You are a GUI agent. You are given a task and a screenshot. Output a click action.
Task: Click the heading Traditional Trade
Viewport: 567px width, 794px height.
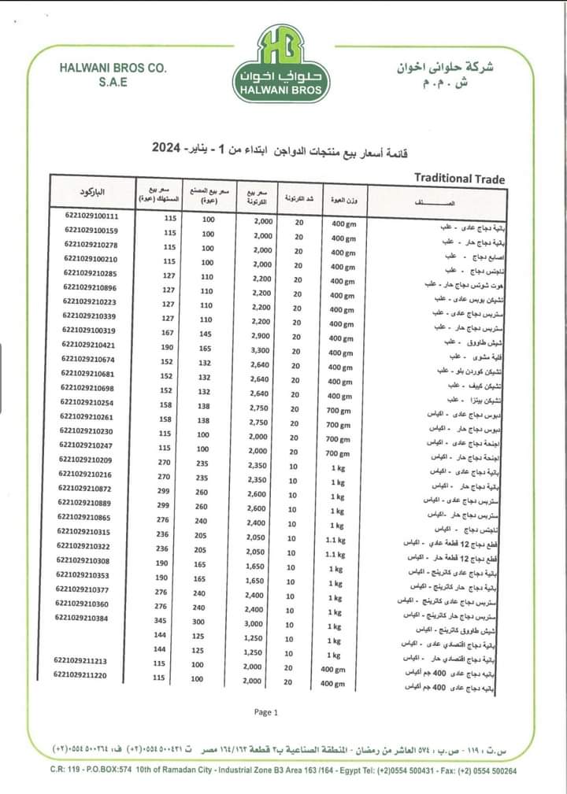click(x=459, y=179)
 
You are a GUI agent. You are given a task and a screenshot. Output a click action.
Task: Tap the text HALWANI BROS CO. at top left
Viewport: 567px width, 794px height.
click(x=113, y=68)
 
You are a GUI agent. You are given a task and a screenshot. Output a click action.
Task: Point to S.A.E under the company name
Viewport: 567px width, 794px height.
click(x=113, y=83)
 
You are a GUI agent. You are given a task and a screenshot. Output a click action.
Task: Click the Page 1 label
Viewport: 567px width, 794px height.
click(x=266, y=712)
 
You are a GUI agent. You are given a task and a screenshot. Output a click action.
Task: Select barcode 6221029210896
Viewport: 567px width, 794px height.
click(x=91, y=287)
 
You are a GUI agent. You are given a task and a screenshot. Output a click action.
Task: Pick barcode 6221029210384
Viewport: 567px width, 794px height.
click(x=82, y=618)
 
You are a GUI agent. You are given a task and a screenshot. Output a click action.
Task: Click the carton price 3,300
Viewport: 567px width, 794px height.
click(x=262, y=345)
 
